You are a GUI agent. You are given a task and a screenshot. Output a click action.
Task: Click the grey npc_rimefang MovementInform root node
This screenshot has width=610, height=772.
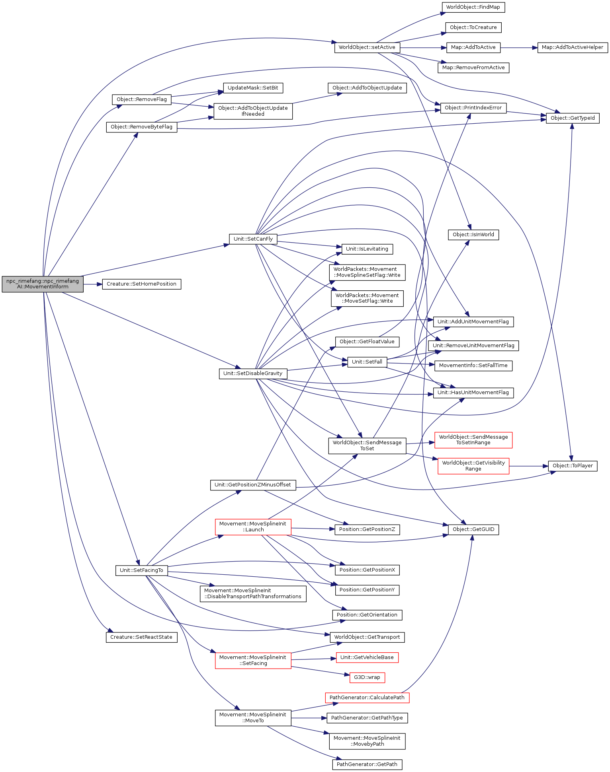click(43, 284)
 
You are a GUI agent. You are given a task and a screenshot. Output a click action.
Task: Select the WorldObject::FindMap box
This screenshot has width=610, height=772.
click(473, 7)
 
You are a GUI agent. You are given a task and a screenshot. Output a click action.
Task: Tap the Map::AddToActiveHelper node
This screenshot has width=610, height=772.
click(573, 47)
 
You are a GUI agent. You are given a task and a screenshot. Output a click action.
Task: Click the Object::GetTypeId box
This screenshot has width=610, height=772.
click(573, 118)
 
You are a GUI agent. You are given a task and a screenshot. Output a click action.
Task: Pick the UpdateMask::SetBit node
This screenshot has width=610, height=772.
click(253, 88)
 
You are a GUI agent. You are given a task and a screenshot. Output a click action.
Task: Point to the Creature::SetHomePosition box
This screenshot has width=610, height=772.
click(142, 284)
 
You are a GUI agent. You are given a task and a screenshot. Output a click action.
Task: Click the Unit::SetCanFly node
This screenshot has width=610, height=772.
click(253, 239)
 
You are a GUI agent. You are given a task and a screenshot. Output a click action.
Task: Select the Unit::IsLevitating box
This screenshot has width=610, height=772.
click(367, 249)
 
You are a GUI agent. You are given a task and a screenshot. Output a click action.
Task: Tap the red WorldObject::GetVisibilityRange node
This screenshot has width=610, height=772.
click(473, 466)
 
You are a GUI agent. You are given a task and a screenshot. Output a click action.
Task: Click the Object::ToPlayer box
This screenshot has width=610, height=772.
click(573, 466)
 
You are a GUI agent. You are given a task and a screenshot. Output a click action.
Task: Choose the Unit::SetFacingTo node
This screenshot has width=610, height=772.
click(141, 570)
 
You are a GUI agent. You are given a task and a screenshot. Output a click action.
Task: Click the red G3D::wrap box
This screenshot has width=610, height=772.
click(367, 677)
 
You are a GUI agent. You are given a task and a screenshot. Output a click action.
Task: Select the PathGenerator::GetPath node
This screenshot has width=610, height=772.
click(367, 764)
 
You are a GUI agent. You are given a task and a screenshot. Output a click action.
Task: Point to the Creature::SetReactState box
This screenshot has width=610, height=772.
click(141, 637)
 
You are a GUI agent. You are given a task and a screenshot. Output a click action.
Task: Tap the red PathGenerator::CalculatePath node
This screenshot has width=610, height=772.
click(367, 698)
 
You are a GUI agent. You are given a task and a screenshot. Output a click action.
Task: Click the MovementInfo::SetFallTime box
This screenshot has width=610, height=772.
click(473, 366)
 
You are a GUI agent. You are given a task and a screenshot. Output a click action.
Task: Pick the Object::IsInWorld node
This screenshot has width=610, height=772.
click(473, 235)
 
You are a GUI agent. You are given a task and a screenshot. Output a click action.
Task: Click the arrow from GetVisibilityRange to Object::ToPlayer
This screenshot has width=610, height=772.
click(528, 466)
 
